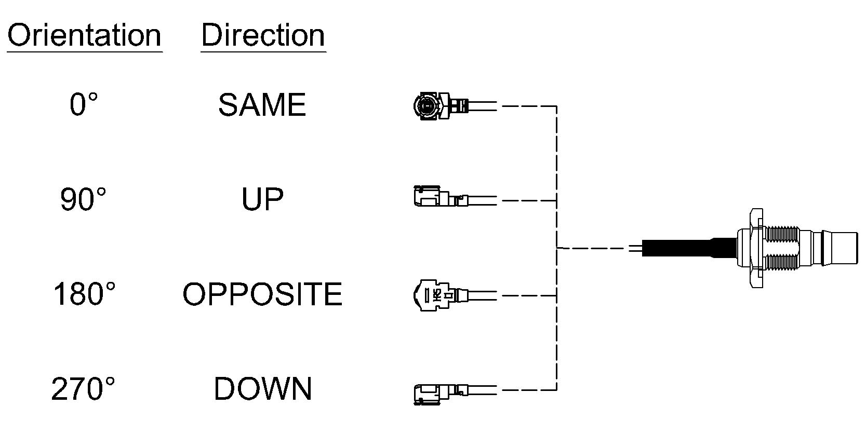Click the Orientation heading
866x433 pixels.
[x=84, y=35]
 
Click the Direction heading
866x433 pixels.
[x=263, y=35]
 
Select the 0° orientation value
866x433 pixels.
[x=84, y=105]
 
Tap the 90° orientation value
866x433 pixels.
[x=83, y=199]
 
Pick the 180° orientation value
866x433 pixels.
[x=84, y=294]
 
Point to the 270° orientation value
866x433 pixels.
[x=83, y=389]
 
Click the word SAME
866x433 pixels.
[x=262, y=105]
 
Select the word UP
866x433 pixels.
[x=262, y=199]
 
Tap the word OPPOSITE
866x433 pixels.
[x=262, y=294]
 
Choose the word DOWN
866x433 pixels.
[x=263, y=389]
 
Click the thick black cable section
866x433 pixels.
[x=689, y=248]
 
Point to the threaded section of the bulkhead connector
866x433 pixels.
[x=782, y=248]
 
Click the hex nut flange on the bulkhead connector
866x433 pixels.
[x=756, y=248]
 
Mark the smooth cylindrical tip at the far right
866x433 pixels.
[x=845, y=248]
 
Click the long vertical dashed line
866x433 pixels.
[x=557, y=248]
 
